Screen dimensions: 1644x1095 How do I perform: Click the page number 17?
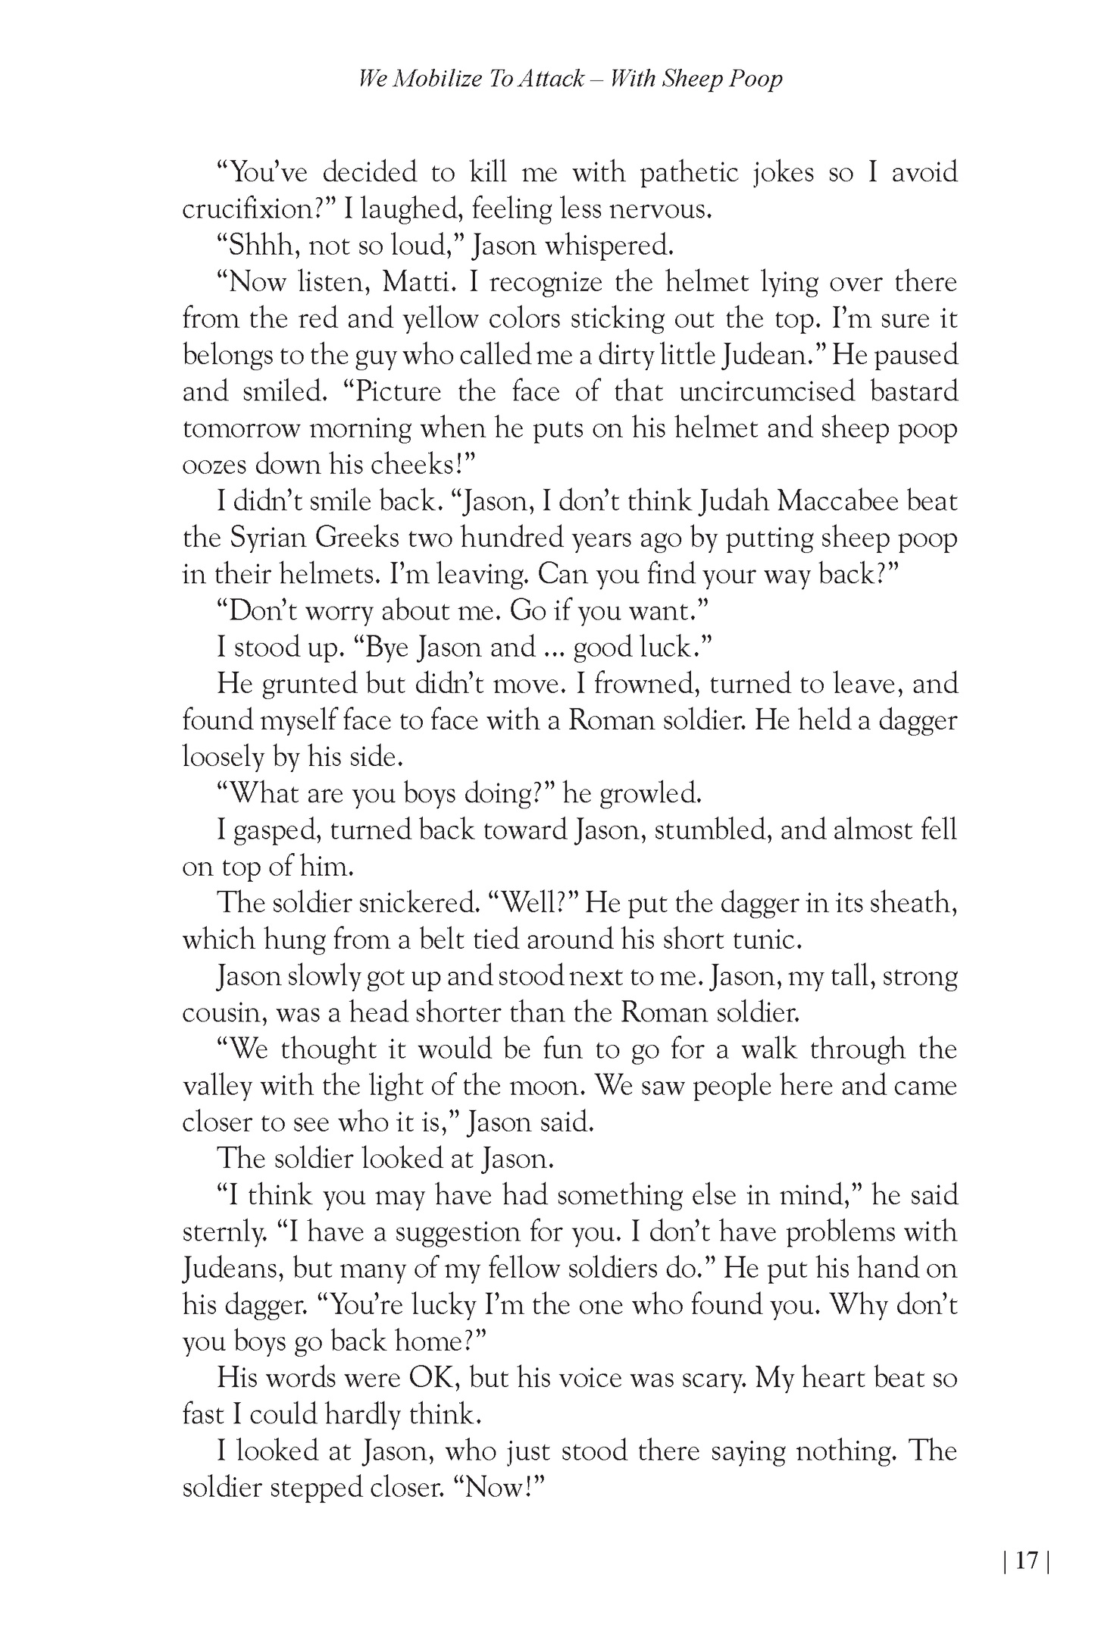(1027, 1561)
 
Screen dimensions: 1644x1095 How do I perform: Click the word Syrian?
(268, 538)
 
